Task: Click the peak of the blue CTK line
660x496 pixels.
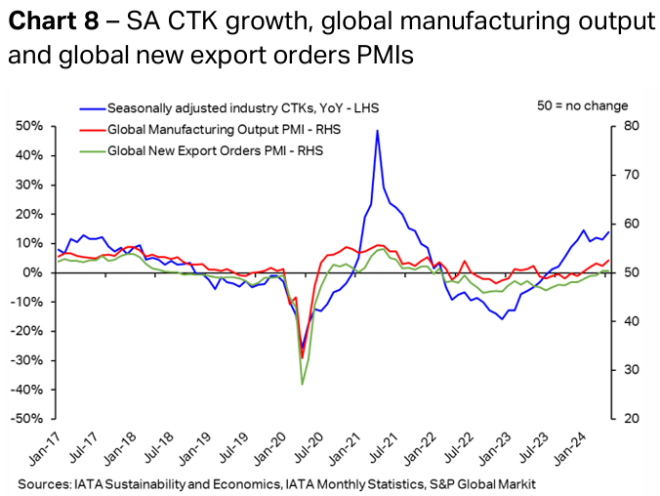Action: (377, 131)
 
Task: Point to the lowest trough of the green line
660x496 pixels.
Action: (302, 384)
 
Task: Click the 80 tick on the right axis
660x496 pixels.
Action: (632, 126)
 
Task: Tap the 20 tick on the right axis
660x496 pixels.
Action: (632, 419)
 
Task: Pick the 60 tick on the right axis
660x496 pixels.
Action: (632, 224)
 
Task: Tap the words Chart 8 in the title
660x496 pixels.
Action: (49, 22)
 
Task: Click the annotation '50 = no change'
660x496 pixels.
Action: (583, 105)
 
